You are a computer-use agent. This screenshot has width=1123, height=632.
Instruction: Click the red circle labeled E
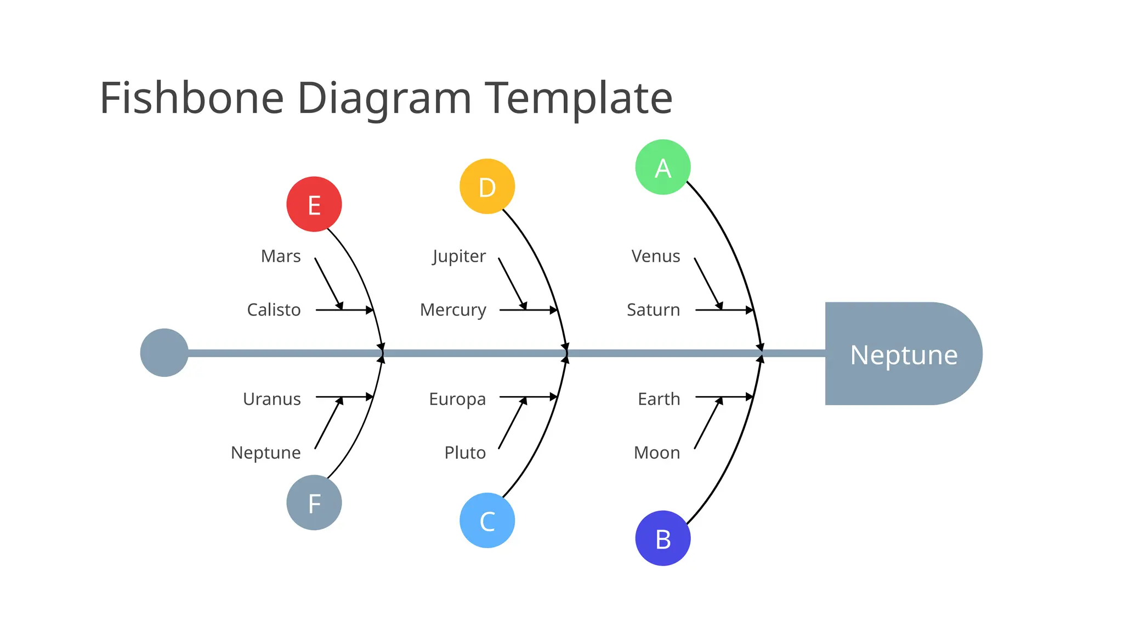pos(314,204)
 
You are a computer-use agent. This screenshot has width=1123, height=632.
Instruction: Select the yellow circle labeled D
pos(487,187)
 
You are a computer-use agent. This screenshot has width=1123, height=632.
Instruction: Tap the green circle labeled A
pos(663,167)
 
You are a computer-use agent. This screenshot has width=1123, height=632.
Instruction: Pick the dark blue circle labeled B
pos(663,538)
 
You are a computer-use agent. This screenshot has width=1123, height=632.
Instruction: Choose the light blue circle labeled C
pos(487,520)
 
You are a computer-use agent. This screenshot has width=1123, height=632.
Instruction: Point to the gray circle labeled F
pos(314,503)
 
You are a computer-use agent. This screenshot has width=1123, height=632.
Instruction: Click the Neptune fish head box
pos(903,354)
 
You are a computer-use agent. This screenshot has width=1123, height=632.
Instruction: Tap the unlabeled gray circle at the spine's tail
pos(164,353)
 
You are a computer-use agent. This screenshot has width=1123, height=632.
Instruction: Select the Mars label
pos(281,256)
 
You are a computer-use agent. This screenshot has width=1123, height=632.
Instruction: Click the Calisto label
pos(274,310)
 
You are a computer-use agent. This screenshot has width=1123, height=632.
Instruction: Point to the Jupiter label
pos(459,256)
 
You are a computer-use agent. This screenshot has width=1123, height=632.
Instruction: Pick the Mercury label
pos(453,310)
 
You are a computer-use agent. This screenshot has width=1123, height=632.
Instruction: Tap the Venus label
pos(655,256)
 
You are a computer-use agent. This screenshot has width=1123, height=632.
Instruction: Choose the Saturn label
pos(653,310)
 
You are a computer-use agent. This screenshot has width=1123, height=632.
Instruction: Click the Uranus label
pos(272,399)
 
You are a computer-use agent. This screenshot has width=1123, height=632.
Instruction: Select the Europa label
pos(457,399)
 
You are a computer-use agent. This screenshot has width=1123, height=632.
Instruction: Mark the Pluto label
pos(465,453)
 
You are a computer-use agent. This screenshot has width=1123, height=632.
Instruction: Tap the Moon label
pos(657,453)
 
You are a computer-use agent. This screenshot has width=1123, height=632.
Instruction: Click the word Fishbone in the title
pos(192,98)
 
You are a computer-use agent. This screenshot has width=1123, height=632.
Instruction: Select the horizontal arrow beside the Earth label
pos(724,397)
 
